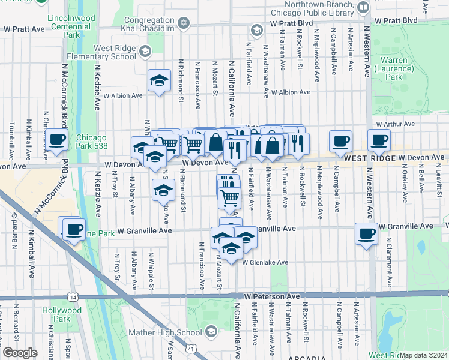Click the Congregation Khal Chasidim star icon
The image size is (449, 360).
tap(184, 23)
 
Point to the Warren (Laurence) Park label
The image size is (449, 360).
tap(393, 69)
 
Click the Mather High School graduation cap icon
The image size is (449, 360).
tap(211, 332)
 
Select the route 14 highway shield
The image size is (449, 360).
tap(73, 297)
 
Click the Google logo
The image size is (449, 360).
tap(19, 353)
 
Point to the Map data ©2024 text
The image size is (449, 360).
tap(423, 355)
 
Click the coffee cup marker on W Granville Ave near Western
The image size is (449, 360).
tap(366, 233)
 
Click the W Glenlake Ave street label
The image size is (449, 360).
tap(265, 262)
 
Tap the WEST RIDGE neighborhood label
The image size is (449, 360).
tap(369, 158)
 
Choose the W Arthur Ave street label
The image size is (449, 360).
tap(395, 124)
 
